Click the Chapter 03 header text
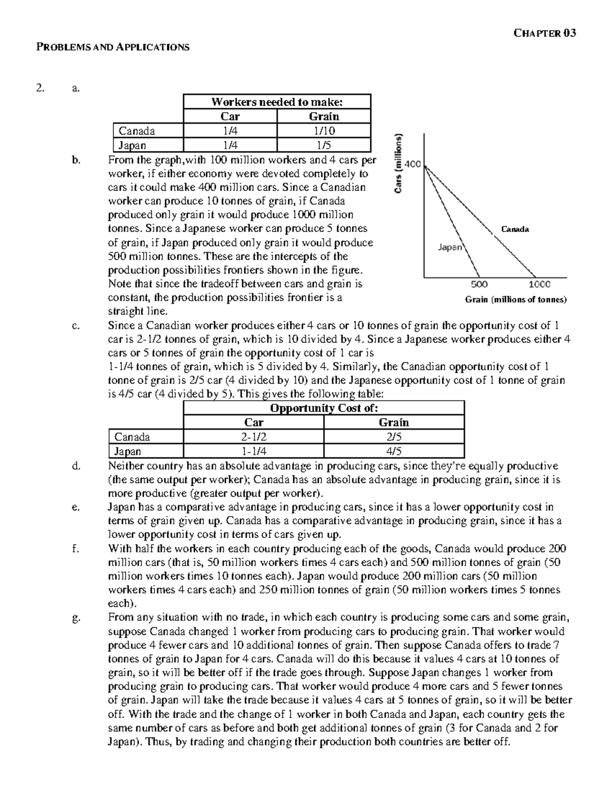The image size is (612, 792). [545, 33]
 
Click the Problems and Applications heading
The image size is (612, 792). [113, 47]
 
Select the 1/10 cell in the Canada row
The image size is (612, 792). [323, 131]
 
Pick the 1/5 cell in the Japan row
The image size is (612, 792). [323, 145]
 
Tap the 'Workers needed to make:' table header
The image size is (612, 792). [276, 102]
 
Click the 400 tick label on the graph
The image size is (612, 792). [412, 164]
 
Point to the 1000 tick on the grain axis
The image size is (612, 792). [539, 285]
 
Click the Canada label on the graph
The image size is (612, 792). [515, 229]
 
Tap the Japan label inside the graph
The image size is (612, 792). [450, 247]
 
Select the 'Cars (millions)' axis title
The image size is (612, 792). [400, 163]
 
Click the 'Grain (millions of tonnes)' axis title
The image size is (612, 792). [516, 299]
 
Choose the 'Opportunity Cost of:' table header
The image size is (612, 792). [323, 408]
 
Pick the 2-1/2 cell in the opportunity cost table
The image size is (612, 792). [253, 437]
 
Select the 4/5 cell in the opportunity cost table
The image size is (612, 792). [394, 451]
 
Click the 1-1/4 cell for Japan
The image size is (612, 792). [253, 451]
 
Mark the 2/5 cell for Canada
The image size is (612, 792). [394, 437]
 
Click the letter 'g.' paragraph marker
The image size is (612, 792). [76, 618]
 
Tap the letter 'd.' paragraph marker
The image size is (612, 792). [76, 466]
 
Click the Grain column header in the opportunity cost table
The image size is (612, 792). [394, 422]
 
